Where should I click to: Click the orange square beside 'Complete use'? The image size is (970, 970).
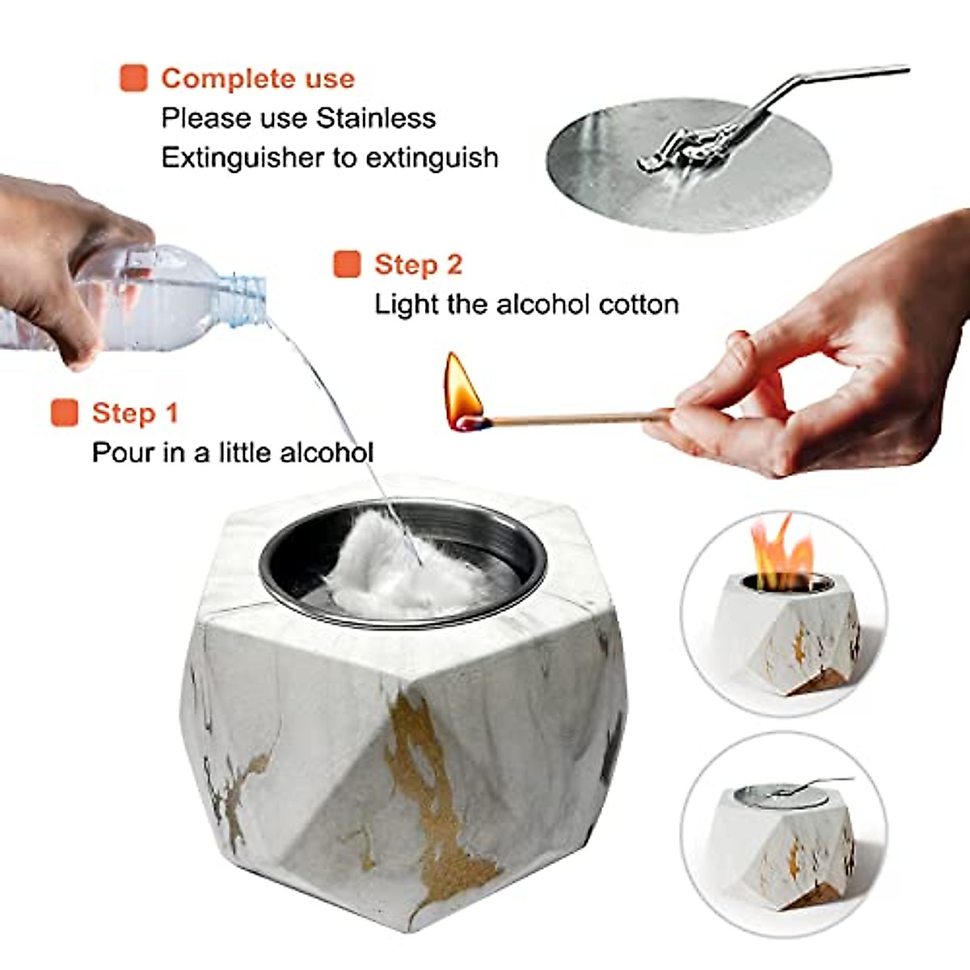click(133, 78)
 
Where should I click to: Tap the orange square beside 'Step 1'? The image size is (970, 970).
click(64, 412)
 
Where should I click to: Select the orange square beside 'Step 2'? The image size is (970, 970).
click(347, 264)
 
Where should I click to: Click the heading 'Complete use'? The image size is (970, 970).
click(258, 78)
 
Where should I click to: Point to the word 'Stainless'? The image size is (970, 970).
click(376, 118)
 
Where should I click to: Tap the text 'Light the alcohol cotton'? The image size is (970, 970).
click(526, 305)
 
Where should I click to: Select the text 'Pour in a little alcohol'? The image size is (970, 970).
click(233, 452)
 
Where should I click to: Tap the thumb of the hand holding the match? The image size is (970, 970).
click(727, 356)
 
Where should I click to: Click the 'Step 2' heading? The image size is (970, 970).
click(418, 264)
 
